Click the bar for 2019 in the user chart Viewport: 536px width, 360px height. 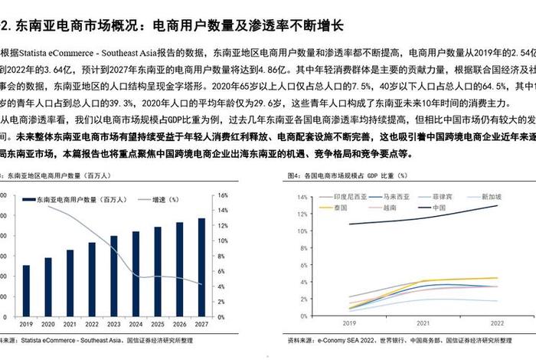click(26, 291)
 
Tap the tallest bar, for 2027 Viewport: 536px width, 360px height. click(201, 267)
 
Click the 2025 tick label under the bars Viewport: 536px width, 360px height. click(158, 326)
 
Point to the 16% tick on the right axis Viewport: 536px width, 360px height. click(222, 195)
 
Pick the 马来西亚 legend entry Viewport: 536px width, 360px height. click(394, 197)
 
